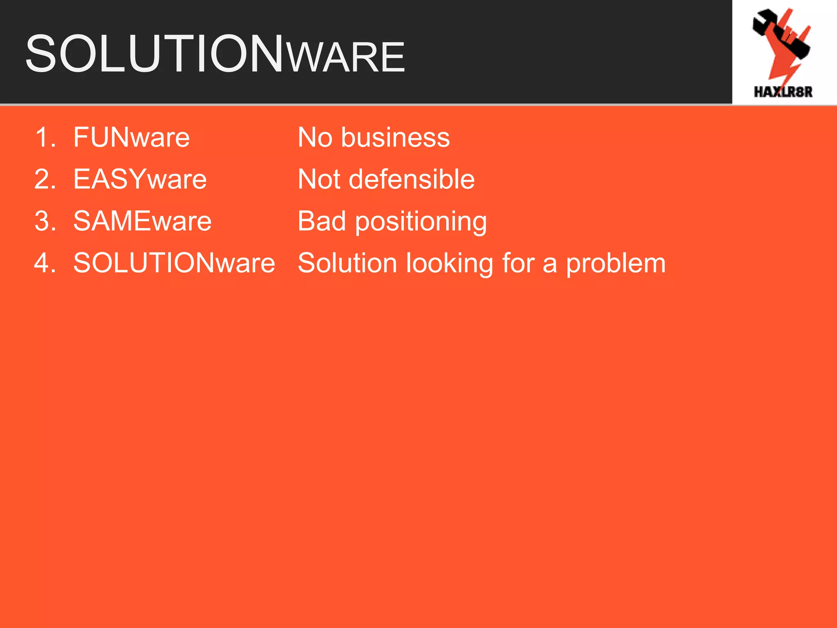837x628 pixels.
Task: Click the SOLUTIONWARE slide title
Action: click(215, 54)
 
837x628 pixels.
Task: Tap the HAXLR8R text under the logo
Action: click(783, 92)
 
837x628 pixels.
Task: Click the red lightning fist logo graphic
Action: click(781, 43)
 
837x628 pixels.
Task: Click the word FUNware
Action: click(131, 137)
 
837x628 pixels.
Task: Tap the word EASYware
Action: click(140, 179)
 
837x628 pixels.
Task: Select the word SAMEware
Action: click(142, 221)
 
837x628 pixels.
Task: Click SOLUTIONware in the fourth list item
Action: click(174, 263)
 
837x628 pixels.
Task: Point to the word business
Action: click(395, 137)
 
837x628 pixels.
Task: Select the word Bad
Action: click(322, 221)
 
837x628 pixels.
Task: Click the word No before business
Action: click(315, 137)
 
